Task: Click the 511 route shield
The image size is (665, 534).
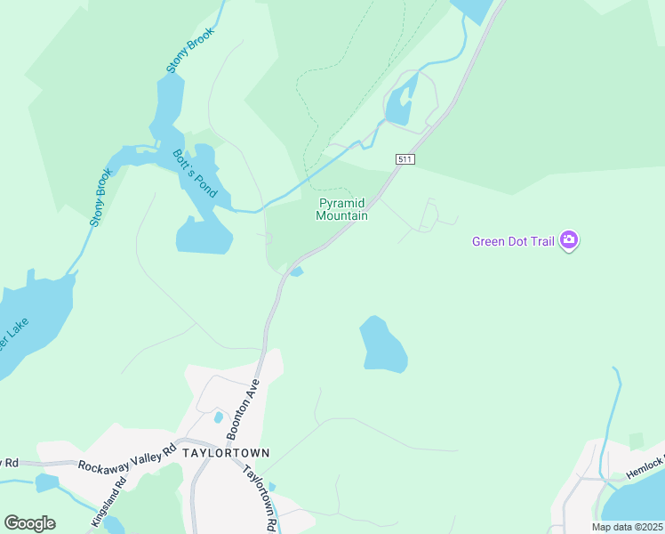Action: (405, 158)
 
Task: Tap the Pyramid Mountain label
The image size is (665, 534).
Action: (343, 209)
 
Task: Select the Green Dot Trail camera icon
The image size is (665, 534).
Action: (570, 241)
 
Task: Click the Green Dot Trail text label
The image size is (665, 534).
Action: (513, 241)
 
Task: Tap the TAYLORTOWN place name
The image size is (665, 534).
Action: (225, 453)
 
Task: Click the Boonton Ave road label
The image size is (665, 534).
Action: (241, 409)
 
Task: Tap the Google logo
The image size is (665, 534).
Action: (29, 523)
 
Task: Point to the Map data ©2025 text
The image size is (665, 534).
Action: (626, 527)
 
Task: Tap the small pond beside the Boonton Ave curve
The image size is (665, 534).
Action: (297, 271)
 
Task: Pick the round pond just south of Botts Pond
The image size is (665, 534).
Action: (204, 235)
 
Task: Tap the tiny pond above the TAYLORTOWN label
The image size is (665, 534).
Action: (218, 417)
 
